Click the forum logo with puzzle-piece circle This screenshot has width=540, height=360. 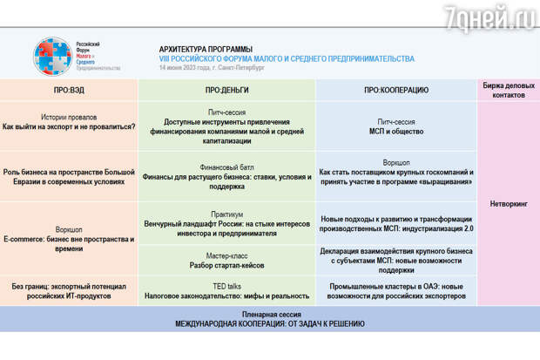coord(54,55)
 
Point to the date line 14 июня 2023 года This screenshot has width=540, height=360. coord(213,67)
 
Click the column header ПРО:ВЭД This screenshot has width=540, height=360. coord(69,90)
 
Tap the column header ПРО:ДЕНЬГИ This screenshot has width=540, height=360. coord(226,90)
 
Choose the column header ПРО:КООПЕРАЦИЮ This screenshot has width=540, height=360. coord(395,90)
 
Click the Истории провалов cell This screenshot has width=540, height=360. coord(69,121)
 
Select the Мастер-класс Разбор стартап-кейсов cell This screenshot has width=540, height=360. coord(226,260)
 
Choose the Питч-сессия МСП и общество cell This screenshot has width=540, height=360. coord(395,126)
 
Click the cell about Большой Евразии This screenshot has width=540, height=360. coord(69,175)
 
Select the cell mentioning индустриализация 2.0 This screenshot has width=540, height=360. coord(395,224)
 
